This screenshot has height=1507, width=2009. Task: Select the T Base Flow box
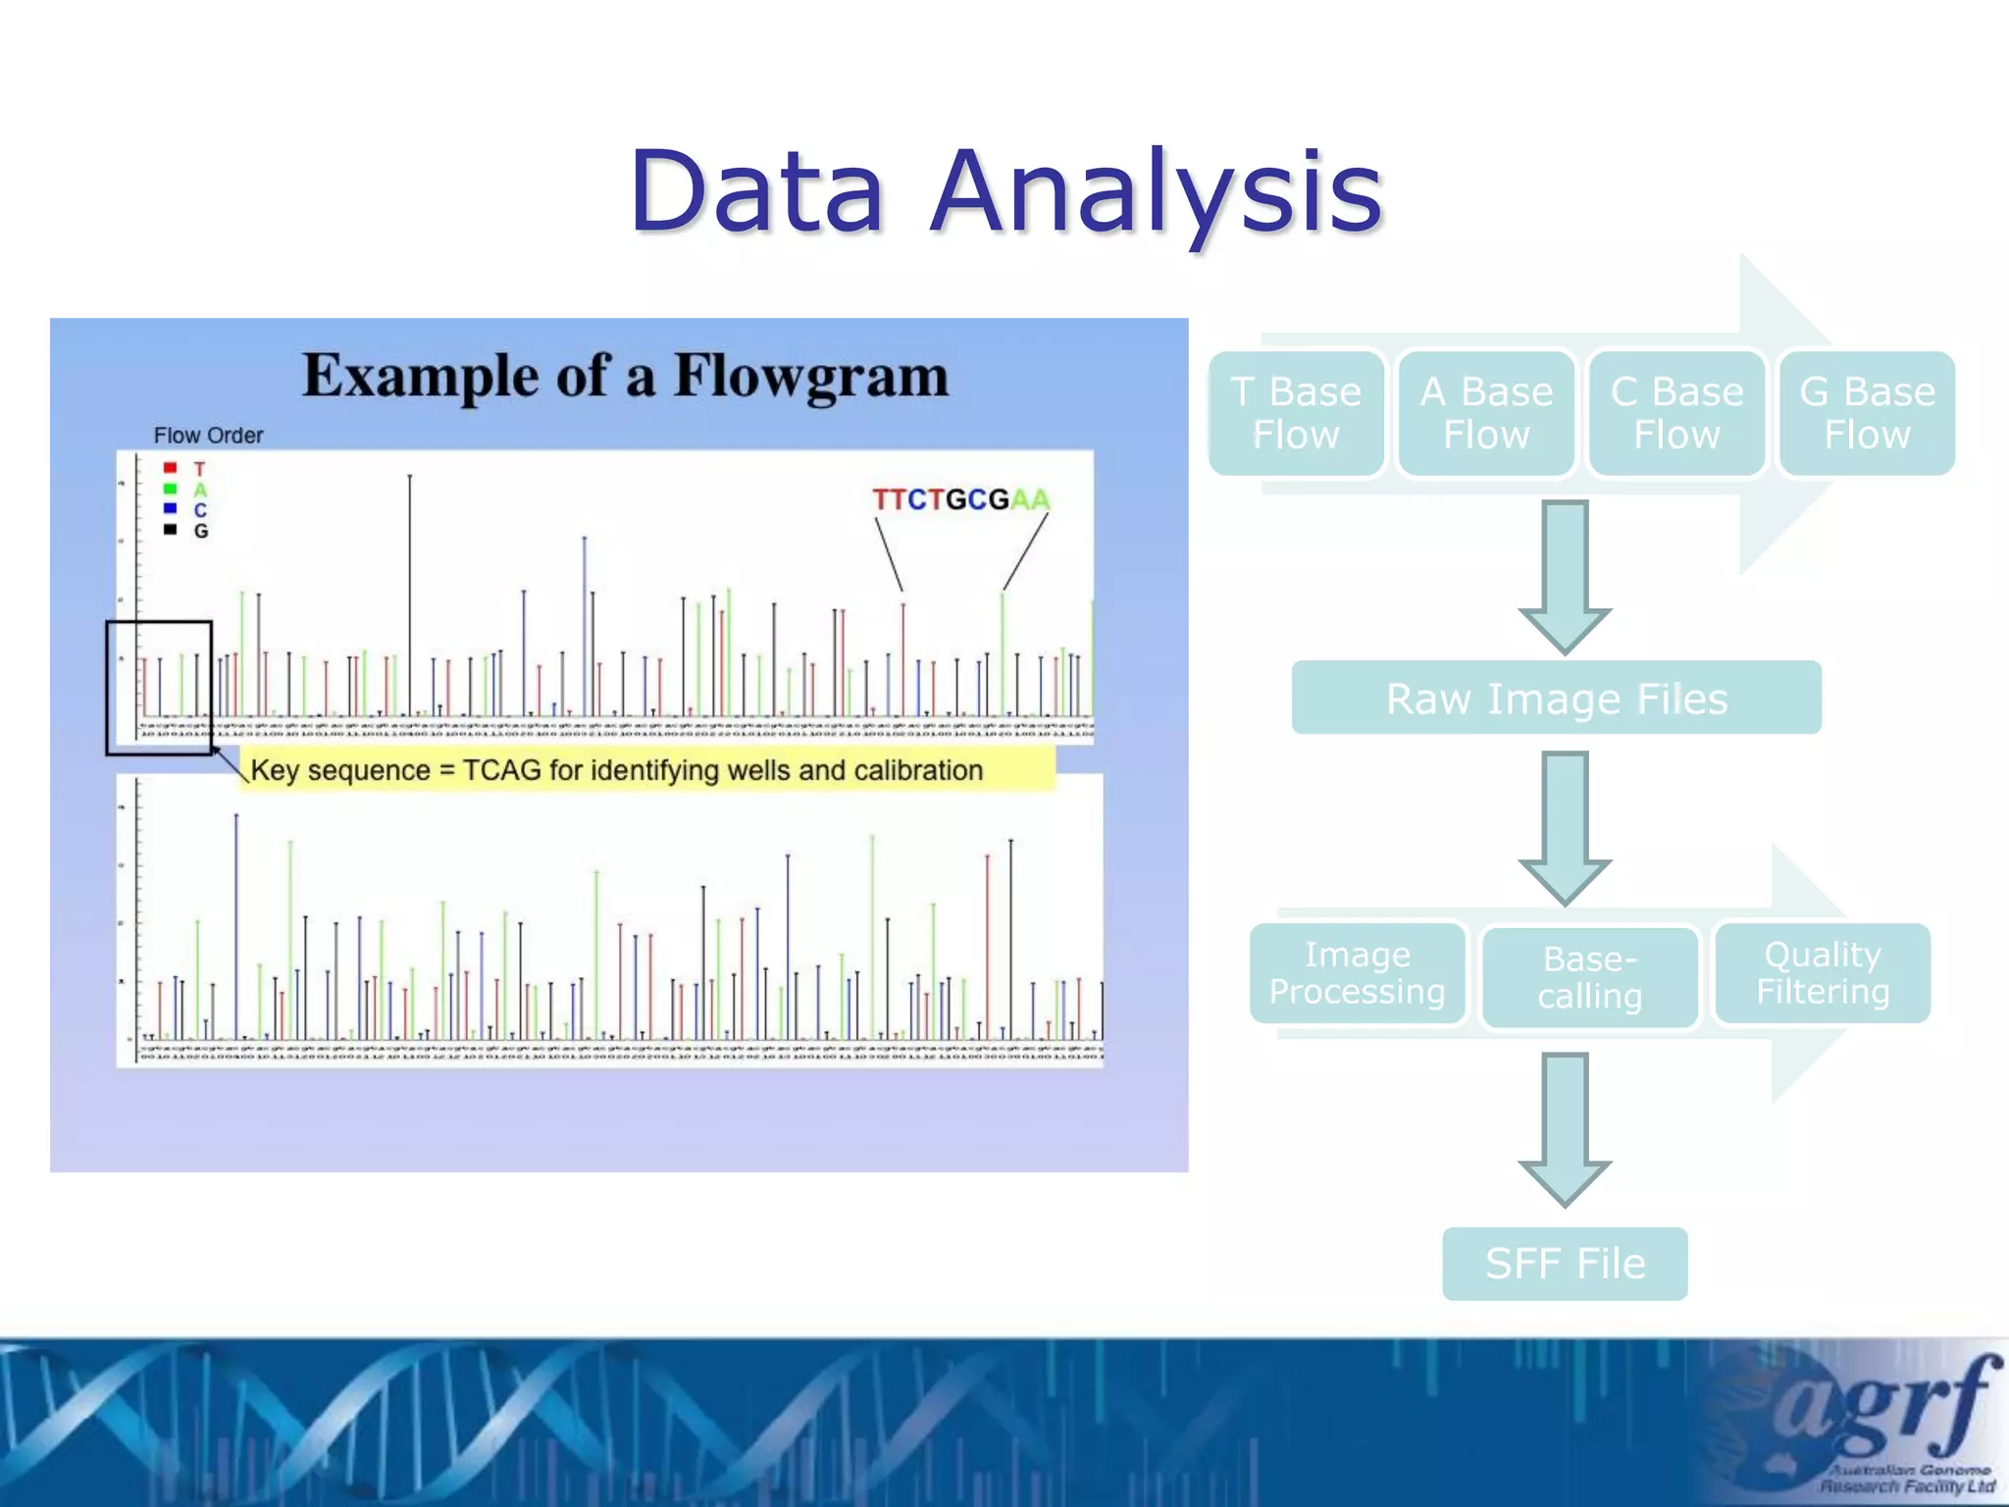click(1296, 413)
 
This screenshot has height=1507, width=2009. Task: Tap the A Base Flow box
click(1486, 413)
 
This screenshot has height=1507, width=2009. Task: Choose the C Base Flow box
click(1676, 413)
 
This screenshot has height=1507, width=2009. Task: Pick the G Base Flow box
click(1867, 413)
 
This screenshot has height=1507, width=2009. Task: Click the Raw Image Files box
click(1556, 698)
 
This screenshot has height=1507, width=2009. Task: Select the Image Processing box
click(1357, 972)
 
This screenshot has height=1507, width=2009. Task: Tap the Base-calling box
click(1589, 977)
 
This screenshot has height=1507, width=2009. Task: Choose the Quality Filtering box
click(1823, 972)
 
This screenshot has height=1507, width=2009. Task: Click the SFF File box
click(1565, 1263)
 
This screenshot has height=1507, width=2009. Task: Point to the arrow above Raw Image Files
click(1565, 577)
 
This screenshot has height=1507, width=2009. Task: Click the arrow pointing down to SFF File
click(1565, 1128)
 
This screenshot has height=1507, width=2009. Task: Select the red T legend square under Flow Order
click(171, 468)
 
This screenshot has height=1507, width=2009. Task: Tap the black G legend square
click(171, 530)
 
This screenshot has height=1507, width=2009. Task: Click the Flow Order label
click(208, 435)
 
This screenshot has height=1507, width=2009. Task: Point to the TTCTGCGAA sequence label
click(960, 499)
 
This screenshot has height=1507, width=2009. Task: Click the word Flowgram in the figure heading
click(810, 376)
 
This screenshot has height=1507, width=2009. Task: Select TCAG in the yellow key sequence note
click(501, 770)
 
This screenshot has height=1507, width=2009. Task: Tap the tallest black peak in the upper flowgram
click(410, 589)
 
